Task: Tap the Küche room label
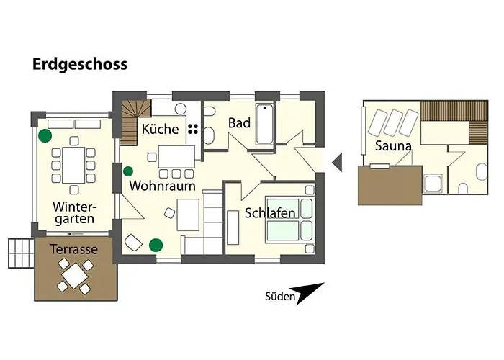click(x=160, y=129)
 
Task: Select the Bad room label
click(x=239, y=123)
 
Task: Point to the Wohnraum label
click(x=162, y=186)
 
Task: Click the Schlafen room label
click(x=270, y=213)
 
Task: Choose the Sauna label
click(x=393, y=146)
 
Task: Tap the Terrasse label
click(x=73, y=249)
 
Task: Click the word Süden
click(x=280, y=297)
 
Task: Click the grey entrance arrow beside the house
click(x=338, y=162)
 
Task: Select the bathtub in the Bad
click(x=265, y=124)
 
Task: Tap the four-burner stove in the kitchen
click(x=193, y=129)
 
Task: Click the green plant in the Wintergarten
click(x=45, y=135)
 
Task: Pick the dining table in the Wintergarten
click(x=73, y=165)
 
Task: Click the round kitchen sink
click(x=181, y=109)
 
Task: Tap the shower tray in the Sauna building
click(x=434, y=184)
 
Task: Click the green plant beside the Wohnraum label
click(x=128, y=171)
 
